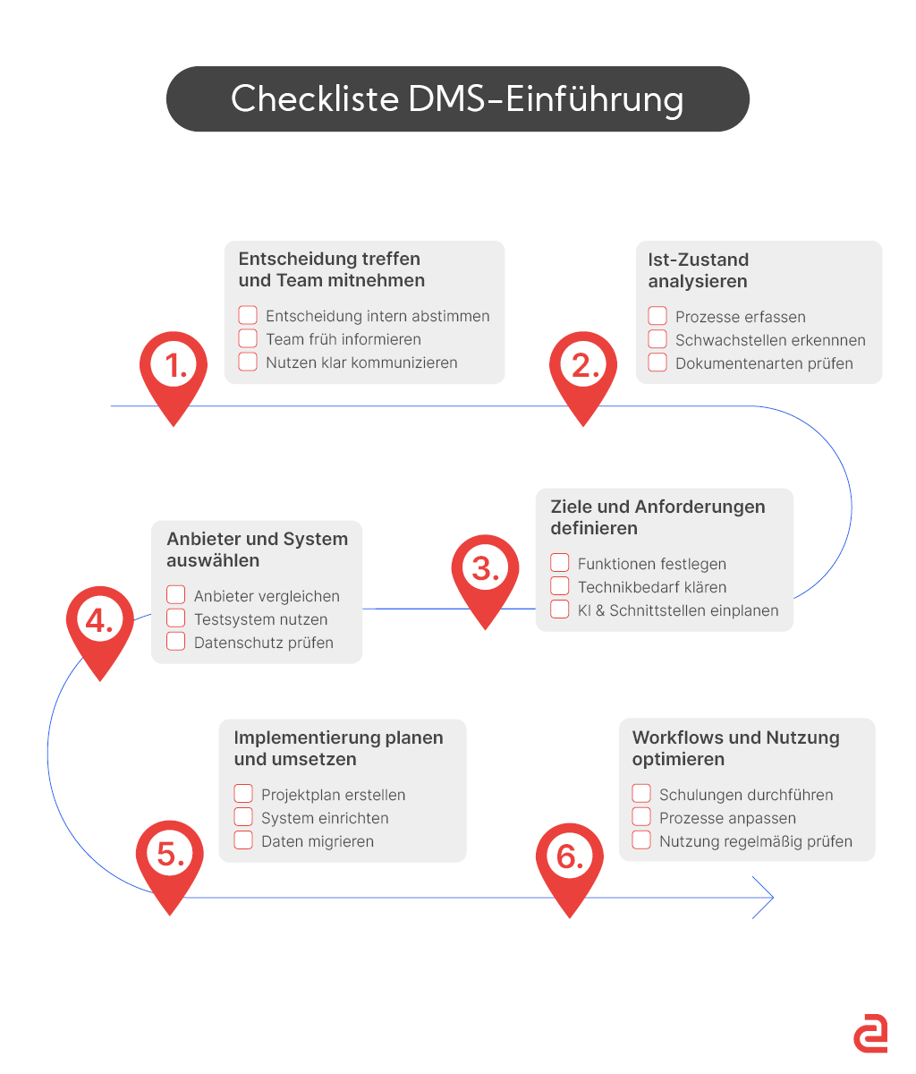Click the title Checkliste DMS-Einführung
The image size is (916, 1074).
[457, 98]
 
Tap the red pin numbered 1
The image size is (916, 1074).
[174, 369]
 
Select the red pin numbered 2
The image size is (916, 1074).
[583, 369]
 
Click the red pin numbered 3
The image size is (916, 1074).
[485, 571]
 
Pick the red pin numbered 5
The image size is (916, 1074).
[169, 857]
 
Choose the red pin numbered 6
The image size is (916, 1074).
[570, 859]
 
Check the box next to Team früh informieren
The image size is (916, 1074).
[248, 339]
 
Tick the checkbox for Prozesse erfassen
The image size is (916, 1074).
[657, 316]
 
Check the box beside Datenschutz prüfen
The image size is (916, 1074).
[176, 643]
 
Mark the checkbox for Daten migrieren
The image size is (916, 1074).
[243, 841]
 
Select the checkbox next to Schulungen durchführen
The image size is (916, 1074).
[641, 795]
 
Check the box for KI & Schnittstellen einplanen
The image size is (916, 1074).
[560, 610]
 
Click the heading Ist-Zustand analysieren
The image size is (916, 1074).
[698, 270]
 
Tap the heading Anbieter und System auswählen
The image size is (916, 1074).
[257, 550]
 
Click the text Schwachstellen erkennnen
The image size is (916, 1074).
[770, 340]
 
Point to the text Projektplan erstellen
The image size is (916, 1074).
[333, 795]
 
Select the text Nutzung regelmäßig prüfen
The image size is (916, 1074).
[755, 841]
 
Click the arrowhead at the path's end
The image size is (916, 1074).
[766, 897]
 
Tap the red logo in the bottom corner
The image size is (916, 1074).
[869, 1035]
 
